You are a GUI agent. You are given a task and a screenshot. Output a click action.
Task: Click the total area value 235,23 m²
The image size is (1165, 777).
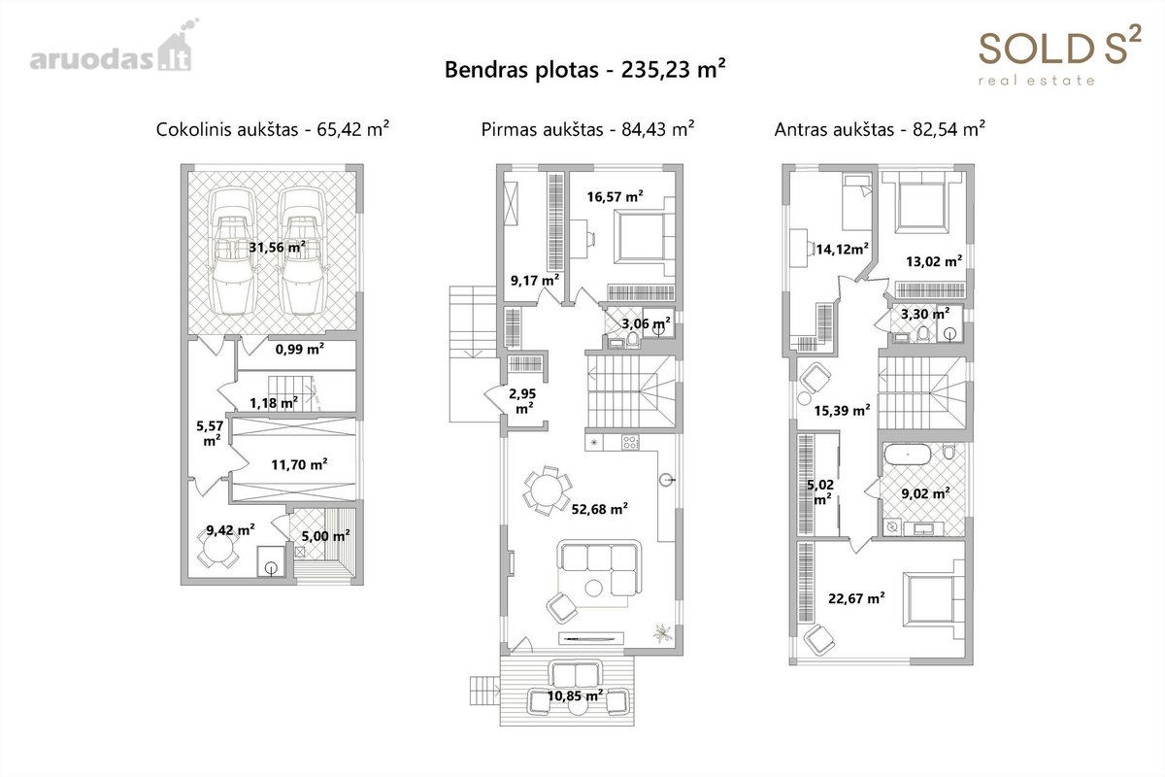(673, 69)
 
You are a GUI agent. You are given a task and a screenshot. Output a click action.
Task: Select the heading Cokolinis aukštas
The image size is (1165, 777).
(227, 129)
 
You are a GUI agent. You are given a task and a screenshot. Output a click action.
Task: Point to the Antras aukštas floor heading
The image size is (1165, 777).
(834, 129)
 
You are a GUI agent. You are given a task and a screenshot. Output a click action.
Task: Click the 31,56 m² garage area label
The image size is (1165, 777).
(277, 248)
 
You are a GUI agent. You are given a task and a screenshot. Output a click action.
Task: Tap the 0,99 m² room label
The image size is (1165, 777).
(300, 349)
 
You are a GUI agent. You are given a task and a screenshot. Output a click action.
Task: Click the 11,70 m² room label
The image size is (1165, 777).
(299, 464)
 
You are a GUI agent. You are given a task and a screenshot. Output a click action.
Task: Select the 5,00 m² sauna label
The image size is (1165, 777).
(325, 535)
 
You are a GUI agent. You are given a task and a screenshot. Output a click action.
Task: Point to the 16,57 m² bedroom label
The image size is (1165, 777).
(616, 197)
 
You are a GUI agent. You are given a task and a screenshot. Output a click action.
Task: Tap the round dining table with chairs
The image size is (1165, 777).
(548, 490)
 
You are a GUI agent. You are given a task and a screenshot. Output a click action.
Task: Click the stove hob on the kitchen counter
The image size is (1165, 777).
(630, 443)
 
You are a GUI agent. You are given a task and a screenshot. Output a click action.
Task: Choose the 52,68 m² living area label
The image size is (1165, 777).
(600, 509)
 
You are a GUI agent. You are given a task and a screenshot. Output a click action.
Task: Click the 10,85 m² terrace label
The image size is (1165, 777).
(575, 695)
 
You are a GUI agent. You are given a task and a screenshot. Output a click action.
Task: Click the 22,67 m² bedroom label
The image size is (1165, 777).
(856, 598)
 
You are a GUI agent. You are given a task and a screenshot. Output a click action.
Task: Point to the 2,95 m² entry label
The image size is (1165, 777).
(523, 401)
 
